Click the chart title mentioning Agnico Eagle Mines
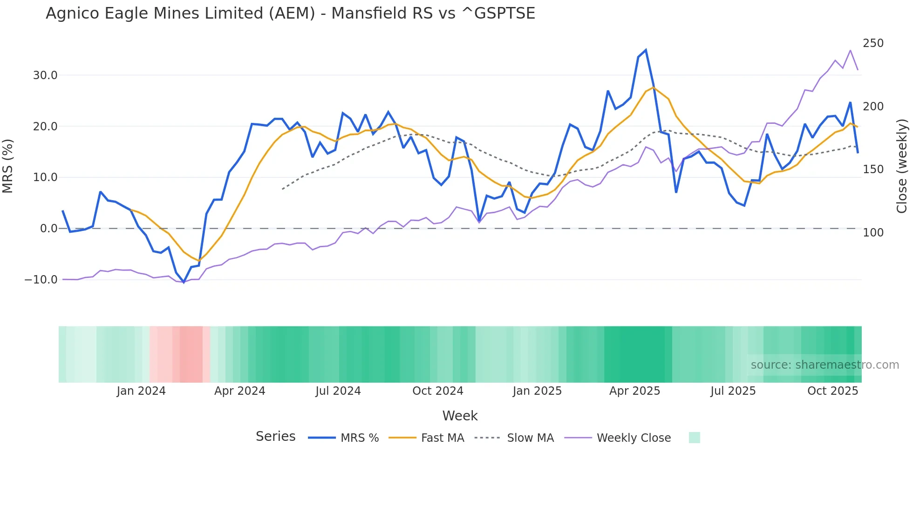(x=290, y=13)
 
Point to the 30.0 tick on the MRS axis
(x=45, y=75)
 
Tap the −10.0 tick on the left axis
(x=41, y=280)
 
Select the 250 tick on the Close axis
(x=873, y=43)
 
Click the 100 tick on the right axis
(x=873, y=233)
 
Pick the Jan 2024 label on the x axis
(x=141, y=391)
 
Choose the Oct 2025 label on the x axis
(x=832, y=391)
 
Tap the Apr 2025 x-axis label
(x=634, y=391)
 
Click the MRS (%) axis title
(x=8, y=166)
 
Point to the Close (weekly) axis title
(x=902, y=166)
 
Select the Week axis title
(x=460, y=416)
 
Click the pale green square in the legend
(x=694, y=438)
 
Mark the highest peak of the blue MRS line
(x=646, y=50)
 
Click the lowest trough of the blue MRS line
(x=184, y=282)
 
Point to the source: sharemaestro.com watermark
(x=824, y=365)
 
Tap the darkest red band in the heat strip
(x=191, y=354)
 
